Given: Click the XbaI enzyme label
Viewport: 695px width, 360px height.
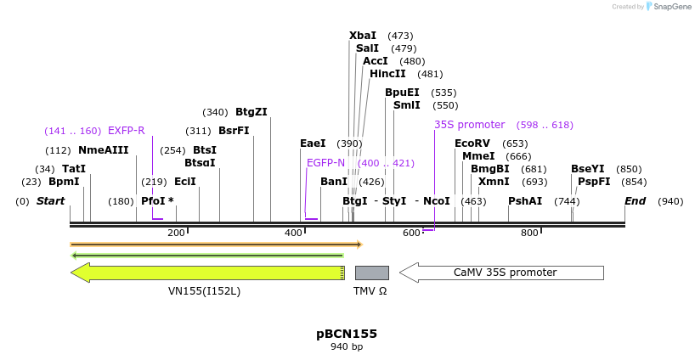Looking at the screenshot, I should [363, 36].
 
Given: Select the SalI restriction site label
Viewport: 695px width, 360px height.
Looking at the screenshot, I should [367, 48].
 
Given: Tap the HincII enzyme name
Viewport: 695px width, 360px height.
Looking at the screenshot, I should [387, 74].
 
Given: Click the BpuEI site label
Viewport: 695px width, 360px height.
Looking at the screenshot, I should [402, 93].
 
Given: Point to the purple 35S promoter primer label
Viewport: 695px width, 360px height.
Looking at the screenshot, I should [469, 124].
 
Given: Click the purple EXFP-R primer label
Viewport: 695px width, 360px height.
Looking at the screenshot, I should [126, 131].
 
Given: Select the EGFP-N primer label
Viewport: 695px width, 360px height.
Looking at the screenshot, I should [325, 163].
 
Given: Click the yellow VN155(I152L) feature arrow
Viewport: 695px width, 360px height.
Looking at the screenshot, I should [207, 273].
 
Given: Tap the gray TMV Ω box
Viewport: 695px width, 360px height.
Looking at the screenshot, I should [371, 273].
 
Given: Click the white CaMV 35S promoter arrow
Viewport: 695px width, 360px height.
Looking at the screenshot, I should [501, 273].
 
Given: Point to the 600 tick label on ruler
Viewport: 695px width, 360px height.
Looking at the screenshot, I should [411, 233].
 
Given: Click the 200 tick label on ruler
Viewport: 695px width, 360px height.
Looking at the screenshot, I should [176, 233].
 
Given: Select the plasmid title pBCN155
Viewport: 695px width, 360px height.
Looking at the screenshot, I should [347, 334].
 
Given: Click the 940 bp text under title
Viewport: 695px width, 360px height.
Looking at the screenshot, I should [347, 347].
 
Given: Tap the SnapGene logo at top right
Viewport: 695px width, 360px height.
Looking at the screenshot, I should [668, 7].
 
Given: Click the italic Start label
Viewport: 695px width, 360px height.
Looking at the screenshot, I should [50, 201].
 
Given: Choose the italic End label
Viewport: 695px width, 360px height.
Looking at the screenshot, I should [635, 201].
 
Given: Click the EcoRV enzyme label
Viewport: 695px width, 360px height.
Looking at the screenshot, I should [472, 143].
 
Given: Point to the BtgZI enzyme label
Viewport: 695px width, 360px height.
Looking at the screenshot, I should [251, 112].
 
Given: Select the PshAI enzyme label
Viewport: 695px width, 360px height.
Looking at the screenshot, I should [525, 201].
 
